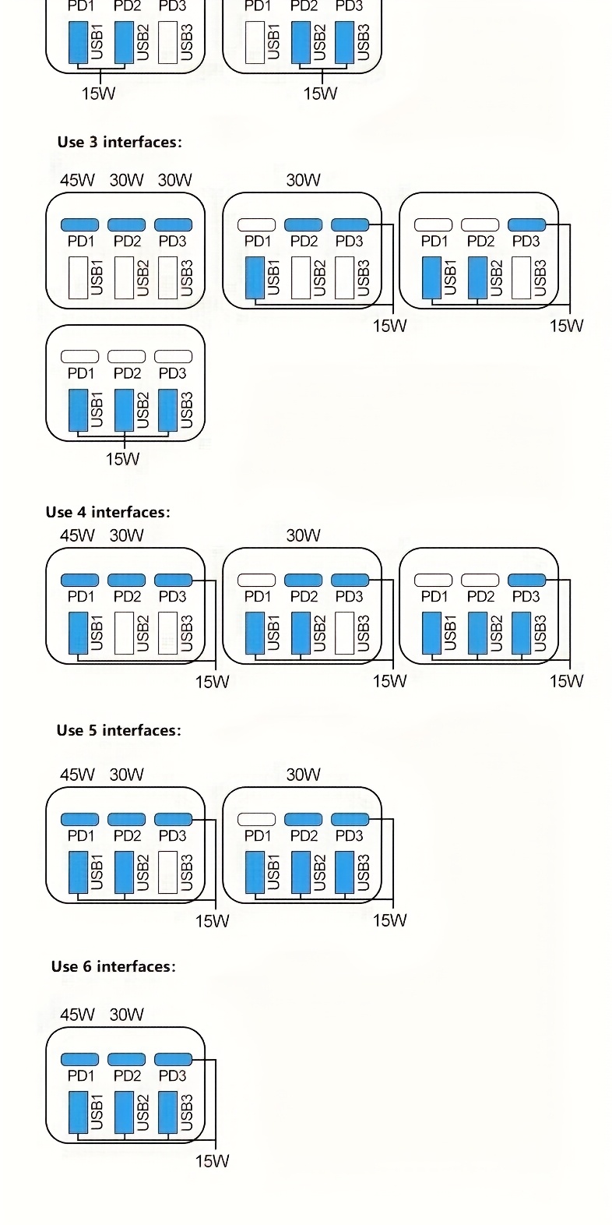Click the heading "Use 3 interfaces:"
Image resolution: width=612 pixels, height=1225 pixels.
click(119, 142)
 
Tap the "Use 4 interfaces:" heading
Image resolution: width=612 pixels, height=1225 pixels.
click(107, 512)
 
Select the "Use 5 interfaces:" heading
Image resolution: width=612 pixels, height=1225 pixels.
click(118, 730)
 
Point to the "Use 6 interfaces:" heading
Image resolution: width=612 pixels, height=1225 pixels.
click(114, 966)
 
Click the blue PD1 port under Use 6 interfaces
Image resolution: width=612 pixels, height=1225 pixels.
click(79, 1059)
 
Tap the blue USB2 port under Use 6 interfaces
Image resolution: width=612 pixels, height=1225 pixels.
click(124, 1112)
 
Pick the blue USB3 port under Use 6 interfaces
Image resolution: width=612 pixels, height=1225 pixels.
click(167, 1112)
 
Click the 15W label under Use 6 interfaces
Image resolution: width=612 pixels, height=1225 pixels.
click(212, 1161)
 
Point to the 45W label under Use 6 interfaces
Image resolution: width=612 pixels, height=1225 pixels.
click(77, 1015)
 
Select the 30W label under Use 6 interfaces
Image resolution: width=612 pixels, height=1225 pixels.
click(126, 1015)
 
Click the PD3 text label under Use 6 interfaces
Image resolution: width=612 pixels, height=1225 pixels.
click(172, 1076)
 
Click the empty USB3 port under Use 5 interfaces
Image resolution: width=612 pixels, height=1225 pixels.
click(167, 872)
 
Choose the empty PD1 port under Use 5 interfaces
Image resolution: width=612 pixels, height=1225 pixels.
click(256, 819)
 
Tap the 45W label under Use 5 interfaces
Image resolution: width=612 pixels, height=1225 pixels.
click(77, 775)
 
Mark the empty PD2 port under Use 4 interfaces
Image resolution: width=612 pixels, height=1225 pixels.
click(480, 580)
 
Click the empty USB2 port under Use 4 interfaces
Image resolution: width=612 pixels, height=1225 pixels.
click(124, 633)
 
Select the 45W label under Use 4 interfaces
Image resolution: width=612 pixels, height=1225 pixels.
click(77, 535)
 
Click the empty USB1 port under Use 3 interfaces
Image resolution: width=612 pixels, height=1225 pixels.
click(78, 277)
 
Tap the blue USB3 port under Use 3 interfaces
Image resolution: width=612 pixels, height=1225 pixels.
click(167, 410)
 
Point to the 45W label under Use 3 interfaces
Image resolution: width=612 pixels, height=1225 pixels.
click(77, 180)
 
